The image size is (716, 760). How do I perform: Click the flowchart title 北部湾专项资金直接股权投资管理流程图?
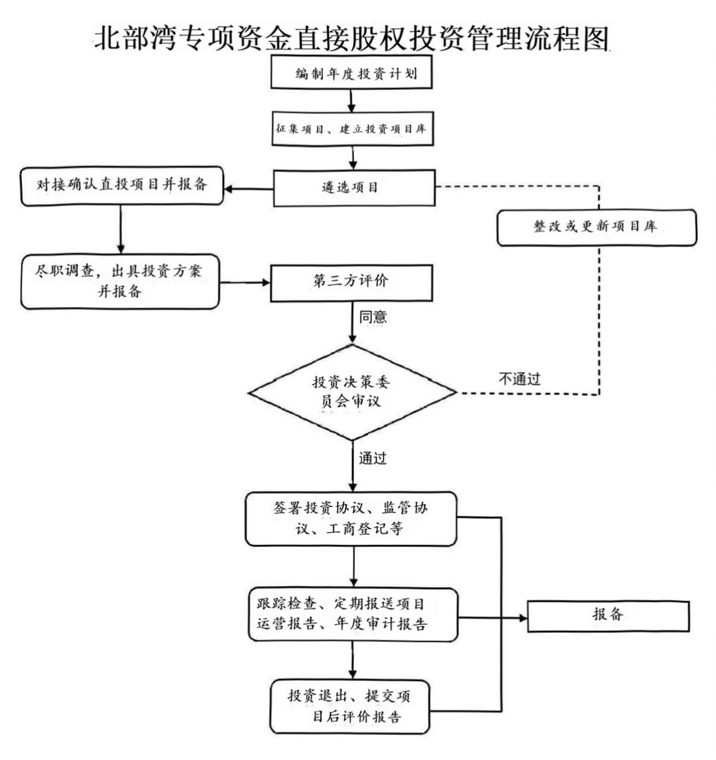351,37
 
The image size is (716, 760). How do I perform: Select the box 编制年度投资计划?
351,73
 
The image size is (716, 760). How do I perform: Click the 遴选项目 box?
354,187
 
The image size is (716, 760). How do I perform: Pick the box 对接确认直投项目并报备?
122,186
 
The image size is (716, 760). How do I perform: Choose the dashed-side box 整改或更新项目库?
596,227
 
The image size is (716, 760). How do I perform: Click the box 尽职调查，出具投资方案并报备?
120,282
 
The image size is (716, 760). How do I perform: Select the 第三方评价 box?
351,282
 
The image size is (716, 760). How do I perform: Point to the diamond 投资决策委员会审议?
351,392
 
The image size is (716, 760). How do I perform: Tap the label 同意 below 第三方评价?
373,317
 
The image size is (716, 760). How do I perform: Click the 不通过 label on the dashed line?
519,379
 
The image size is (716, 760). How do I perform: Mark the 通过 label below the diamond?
373,458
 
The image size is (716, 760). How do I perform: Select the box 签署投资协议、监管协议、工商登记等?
351,518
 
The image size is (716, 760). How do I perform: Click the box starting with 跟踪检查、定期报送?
353,615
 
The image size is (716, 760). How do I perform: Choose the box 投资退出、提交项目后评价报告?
350,706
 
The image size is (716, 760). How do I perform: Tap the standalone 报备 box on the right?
608,615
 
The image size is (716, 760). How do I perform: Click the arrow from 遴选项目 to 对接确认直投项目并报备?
248,189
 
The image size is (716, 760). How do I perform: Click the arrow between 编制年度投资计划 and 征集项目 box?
351,101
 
